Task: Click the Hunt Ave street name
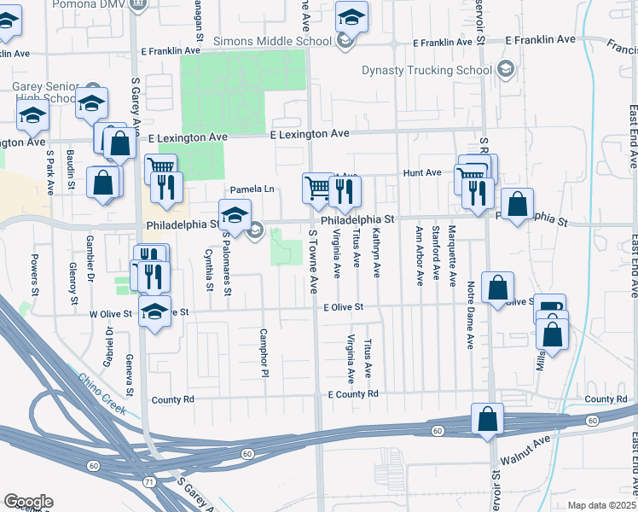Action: pyautogui.click(x=423, y=172)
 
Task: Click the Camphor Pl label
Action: pyautogui.click(x=264, y=349)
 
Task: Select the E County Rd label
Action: pyautogui.click(x=352, y=394)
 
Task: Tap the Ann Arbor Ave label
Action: pyautogui.click(x=419, y=255)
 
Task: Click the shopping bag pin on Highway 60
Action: pyautogui.click(x=487, y=419)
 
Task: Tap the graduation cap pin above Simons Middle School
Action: pyautogui.click(x=351, y=16)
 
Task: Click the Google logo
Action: pyautogui.click(x=27, y=502)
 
